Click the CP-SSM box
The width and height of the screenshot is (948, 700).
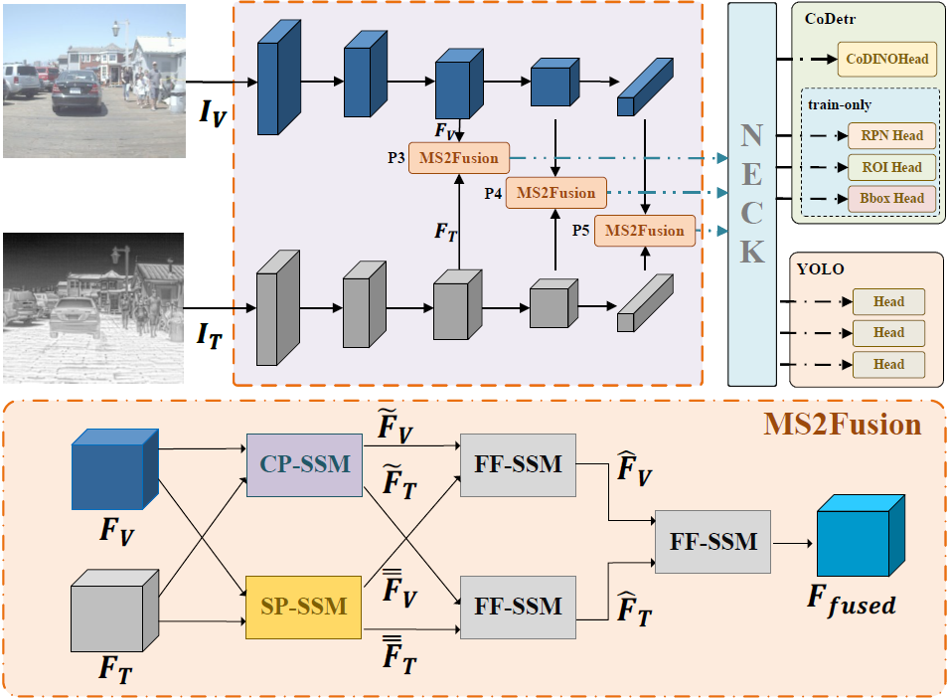click(304, 463)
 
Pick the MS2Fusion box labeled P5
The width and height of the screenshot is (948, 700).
click(645, 231)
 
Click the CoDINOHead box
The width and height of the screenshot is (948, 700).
click(887, 60)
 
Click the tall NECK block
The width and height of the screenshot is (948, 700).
click(752, 194)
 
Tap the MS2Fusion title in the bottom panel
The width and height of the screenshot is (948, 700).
click(842, 426)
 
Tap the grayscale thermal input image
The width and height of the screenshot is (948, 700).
click(93, 307)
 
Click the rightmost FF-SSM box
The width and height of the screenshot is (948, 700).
click(713, 542)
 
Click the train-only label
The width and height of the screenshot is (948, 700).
click(841, 103)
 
